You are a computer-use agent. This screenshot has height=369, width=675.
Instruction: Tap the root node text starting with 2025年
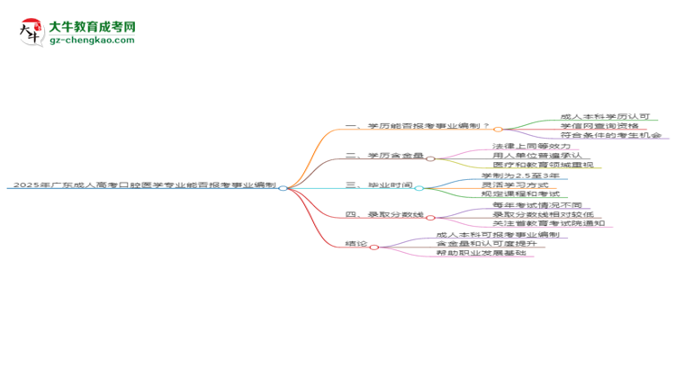click(x=141, y=186)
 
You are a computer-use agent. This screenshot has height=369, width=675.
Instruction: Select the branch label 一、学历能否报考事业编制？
click(x=418, y=127)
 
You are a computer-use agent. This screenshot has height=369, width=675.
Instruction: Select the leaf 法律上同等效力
click(x=532, y=147)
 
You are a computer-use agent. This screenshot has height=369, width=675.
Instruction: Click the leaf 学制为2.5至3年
click(x=521, y=175)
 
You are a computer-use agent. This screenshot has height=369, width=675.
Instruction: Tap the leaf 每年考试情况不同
click(x=537, y=205)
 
